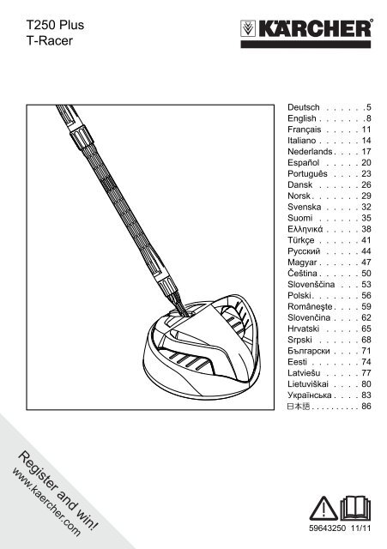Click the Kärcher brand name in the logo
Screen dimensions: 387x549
coord(315,28)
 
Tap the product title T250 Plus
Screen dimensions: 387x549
coord(55,25)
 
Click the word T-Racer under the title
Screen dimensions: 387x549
coord(50,40)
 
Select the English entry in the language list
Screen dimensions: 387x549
coord(302,118)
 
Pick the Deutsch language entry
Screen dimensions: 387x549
coord(304,107)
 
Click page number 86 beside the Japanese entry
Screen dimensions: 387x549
coord(366,406)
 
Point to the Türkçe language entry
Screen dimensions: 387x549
coord(301,240)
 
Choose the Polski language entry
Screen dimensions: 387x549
coord(299,295)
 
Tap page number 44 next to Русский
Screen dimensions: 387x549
coord(366,251)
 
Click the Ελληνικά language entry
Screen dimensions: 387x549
coord(305,229)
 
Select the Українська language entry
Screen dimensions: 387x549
coord(310,395)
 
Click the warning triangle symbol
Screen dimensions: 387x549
coord(324,509)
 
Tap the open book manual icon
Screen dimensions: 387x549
coord(355,508)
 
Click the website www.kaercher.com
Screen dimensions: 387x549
coord(46,503)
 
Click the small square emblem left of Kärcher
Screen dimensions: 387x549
coord(248,28)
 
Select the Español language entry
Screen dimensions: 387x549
coord(303,163)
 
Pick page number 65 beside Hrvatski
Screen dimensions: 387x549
coord(366,329)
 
